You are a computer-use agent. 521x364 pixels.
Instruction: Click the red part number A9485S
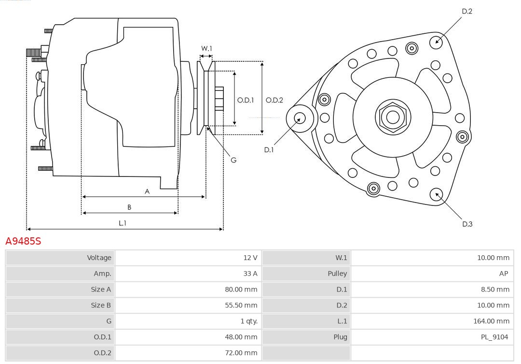pyautogui.click(x=23, y=241)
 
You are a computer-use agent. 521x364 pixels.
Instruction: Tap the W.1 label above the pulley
pyautogui.click(x=206, y=48)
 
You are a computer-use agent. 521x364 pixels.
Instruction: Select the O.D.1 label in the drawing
pyautogui.click(x=246, y=100)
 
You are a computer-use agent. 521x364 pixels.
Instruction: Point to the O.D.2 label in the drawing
pyautogui.click(x=274, y=100)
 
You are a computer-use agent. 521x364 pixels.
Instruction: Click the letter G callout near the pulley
pyautogui.click(x=233, y=160)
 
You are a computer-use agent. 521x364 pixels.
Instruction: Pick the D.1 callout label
pyautogui.click(x=269, y=150)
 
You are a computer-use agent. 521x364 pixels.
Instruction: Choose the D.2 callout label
pyautogui.click(x=467, y=11)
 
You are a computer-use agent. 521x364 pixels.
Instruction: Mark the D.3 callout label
pyautogui.click(x=467, y=224)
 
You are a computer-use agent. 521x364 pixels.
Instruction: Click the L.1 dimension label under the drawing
pyautogui.click(x=123, y=223)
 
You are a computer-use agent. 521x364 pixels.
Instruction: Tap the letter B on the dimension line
pyautogui.click(x=129, y=207)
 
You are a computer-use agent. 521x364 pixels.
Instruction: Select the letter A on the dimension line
pyautogui.click(x=147, y=191)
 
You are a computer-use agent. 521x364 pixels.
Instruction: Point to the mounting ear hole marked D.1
pyautogui.click(x=300, y=117)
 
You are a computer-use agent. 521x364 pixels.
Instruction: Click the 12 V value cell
pyautogui.click(x=250, y=258)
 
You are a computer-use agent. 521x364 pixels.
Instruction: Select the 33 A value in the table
pyautogui.click(x=250, y=274)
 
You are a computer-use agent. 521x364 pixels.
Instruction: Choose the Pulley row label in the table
pyautogui.click(x=337, y=274)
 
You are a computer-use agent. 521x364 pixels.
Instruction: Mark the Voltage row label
pyautogui.click(x=99, y=258)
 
